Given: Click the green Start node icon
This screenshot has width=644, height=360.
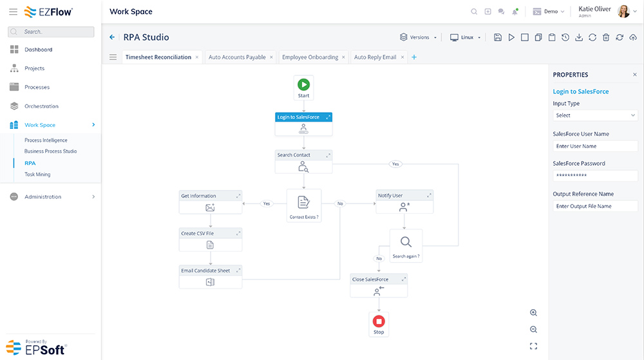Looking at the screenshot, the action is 303,84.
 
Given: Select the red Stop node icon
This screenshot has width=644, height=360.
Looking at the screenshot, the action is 379,321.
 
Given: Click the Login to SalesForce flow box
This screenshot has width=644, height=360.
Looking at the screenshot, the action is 303,124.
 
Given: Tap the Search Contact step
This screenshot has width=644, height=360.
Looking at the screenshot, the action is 303,162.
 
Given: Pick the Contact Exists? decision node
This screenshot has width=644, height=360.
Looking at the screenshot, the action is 304,205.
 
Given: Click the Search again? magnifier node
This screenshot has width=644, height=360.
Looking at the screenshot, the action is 406,246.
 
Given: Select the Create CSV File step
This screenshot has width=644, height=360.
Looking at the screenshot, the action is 211,240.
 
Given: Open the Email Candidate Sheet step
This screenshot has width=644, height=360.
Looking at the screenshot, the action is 211,277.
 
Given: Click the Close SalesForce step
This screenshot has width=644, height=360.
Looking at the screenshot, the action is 379,285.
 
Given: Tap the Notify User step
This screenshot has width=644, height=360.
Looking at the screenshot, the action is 404,202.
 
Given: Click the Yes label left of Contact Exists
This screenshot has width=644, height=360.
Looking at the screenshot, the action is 267,204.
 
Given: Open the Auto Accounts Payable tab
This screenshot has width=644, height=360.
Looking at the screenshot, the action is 237,57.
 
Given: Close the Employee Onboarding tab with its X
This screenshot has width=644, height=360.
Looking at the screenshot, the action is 343,57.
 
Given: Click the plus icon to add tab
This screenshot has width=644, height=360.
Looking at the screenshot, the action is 414,57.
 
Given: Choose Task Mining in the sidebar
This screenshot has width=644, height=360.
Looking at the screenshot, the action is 37,175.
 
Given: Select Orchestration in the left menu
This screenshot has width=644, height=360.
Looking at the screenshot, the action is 41,106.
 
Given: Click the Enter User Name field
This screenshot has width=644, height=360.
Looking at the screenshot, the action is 595,146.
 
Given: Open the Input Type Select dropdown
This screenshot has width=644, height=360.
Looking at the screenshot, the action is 595,115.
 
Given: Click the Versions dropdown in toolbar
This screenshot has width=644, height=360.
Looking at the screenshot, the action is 418,37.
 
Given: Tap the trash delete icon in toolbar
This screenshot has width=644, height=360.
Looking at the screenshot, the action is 606,37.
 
